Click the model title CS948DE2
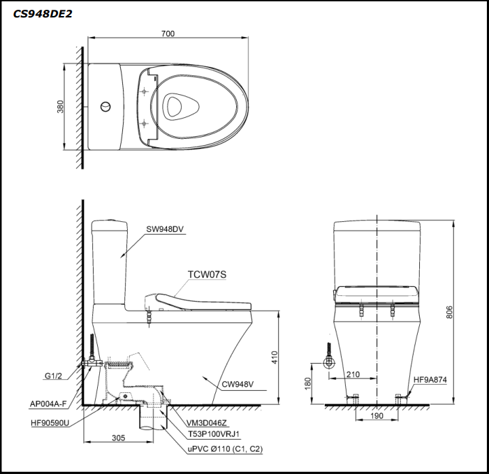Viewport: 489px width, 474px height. (x=43, y=13)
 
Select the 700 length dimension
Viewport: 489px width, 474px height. (x=168, y=34)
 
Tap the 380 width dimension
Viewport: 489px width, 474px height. (x=61, y=106)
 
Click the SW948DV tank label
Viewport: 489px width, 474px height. (x=166, y=228)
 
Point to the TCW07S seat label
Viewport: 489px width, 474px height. (x=207, y=274)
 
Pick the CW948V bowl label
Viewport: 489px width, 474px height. (x=238, y=383)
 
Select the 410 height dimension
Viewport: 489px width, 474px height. (x=275, y=357)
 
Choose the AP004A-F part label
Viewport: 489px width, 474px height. (x=48, y=403)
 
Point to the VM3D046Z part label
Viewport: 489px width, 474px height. (x=207, y=422)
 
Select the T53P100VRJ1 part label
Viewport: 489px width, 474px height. (x=214, y=434)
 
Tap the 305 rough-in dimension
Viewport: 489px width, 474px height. (x=117, y=438)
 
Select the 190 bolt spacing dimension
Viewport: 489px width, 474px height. (x=377, y=417)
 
